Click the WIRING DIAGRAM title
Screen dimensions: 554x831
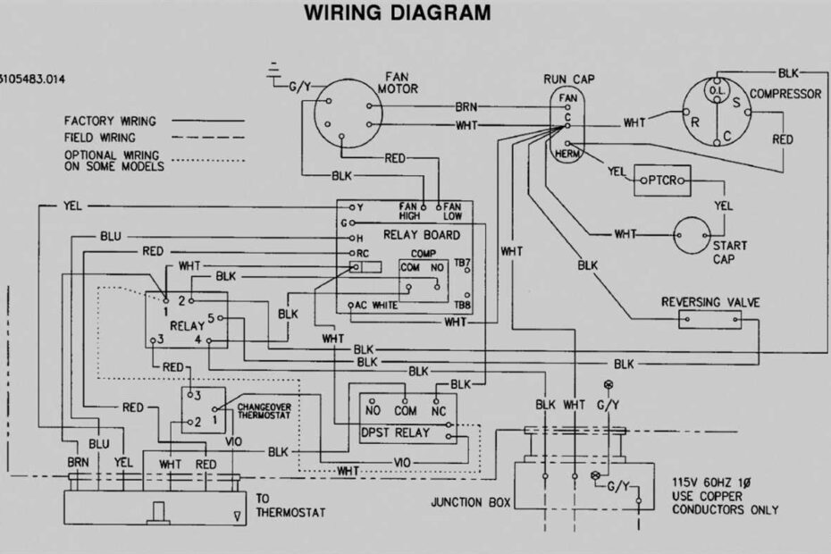(397, 13)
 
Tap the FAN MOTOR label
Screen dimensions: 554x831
(397, 83)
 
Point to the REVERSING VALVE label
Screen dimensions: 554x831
(710, 302)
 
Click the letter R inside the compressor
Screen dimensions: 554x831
(694, 122)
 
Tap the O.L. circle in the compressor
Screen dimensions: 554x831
(715, 91)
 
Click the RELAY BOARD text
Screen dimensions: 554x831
(421, 235)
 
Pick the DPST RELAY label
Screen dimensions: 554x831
(395, 432)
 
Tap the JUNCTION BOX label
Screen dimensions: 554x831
(470, 502)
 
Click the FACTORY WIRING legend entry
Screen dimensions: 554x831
(110, 121)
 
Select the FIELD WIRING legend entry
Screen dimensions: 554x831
(100, 138)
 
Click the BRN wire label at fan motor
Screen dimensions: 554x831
(467, 105)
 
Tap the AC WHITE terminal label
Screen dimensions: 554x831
(377, 305)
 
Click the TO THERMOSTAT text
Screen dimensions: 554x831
(290, 507)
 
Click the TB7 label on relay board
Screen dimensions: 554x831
(462, 264)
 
